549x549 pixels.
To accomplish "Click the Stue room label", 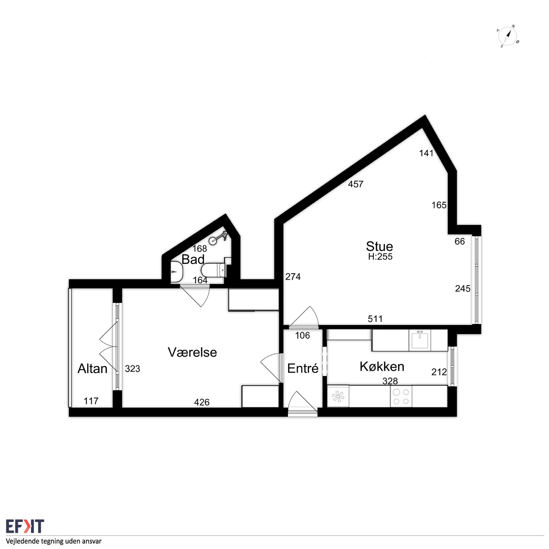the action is coord(379,246).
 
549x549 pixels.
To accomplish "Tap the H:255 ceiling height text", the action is coord(380,257).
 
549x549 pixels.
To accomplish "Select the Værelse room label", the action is coord(192,352).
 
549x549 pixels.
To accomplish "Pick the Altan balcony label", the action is coord(92,369).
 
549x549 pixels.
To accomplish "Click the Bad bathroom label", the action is coord(193,260).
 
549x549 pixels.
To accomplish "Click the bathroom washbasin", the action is coord(178,272).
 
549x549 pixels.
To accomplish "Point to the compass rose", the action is coord(508,36).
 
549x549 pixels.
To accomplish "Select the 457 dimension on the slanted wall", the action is coord(356,184).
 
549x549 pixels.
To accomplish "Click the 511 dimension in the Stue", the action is coord(375,319).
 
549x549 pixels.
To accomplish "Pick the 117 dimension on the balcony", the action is coord(91,401).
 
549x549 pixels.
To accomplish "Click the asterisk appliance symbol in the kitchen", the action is coord(338,396).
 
